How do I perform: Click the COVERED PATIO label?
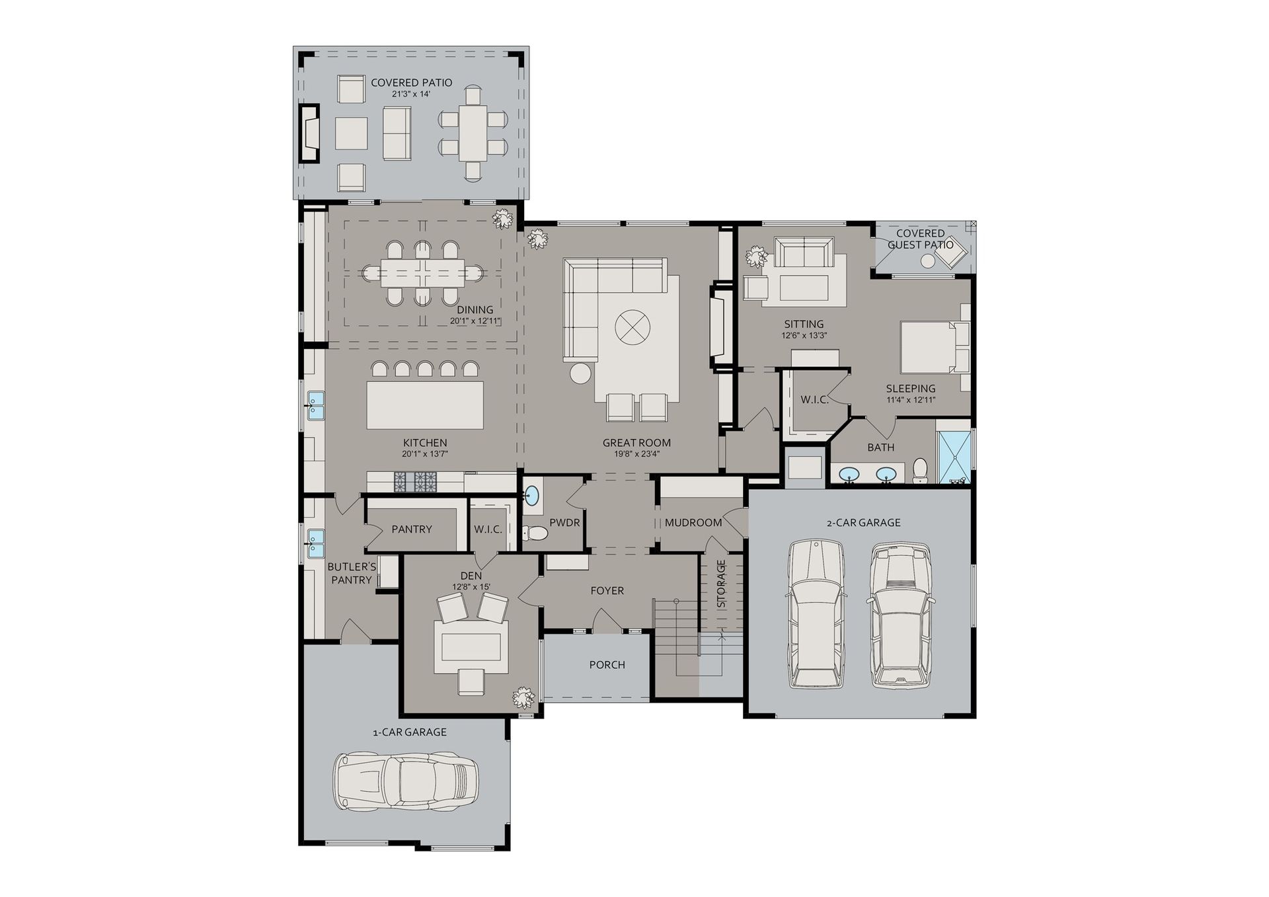coord(411,83)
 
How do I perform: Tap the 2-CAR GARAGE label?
coord(863,523)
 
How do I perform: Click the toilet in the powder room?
coord(535,533)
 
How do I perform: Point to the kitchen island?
coord(425,405)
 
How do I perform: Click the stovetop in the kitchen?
coord(416,482)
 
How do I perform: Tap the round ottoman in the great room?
coord(633,327)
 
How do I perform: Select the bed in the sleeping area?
coord(935,347)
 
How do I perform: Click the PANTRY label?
coord(411,529)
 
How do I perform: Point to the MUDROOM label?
coord(693,523)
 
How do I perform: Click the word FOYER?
coord(607,591)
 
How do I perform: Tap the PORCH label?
coord(607,665)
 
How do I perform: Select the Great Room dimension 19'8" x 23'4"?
coord(636,454)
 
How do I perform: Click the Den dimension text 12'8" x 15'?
coord(471,587)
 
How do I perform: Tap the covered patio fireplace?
coord(309,133)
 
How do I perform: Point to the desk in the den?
coord(471,646)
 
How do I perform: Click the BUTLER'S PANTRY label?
coord(352,574)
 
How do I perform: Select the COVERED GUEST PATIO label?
coord(920,239)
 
